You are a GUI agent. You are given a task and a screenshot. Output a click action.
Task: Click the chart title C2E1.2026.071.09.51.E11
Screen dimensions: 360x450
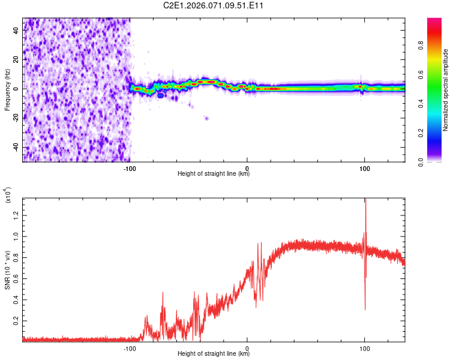pos(214,5)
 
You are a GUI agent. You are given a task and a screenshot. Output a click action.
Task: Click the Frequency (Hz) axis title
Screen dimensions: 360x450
pos(7,89)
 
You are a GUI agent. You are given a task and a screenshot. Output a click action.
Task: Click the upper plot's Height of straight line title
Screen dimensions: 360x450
pos(214,174)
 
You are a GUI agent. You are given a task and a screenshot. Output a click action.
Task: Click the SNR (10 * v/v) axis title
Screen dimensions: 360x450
pos(7,269)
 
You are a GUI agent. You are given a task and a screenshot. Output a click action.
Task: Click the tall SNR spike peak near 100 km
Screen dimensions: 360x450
pos(365,201)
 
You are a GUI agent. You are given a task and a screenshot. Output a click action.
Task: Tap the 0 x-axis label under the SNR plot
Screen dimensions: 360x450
pos(247,347)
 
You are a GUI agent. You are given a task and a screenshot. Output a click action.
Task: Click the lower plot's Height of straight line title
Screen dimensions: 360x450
pos(214,354)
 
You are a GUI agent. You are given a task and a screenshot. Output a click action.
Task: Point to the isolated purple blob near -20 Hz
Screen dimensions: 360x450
pos(206,118)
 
